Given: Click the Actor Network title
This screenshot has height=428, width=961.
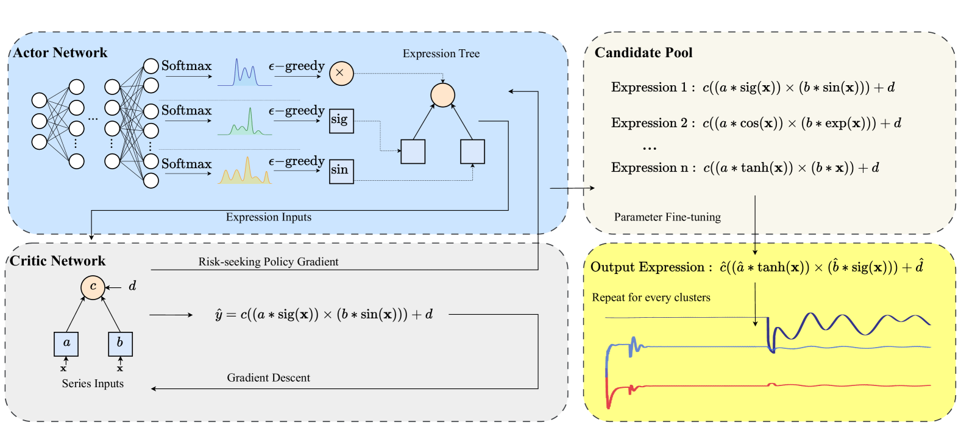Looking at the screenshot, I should pyautogui.click(x=60, y=53).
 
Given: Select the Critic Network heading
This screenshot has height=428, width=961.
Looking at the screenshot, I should pyautogui.click(x=58, y=261).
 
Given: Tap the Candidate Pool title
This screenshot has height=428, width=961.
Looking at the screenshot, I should pyautogui.click(x=644, y=53).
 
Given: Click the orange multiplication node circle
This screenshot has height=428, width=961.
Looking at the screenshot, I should pyautogui.click(x=341, y=73).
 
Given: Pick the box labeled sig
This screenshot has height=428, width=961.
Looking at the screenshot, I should pyautogui.click(x=341, y=121).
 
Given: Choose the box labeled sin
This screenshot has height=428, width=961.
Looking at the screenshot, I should pyautogui.click(x=341, y=170).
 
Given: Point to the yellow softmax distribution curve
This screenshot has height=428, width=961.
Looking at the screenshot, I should pyautogui.click(x=245, y=173).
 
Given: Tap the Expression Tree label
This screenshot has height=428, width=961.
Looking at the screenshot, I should pyautogui.click(x=441, y=54).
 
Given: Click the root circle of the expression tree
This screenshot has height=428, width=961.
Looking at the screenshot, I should pyautogui.click(x=442, y=95).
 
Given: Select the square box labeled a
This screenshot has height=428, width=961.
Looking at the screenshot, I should pyautogui.click(x=66, y=343).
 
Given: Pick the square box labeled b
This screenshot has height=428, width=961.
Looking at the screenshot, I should pyautogui.click(x=120, y=343).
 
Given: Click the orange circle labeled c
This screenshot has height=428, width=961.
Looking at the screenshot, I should pyautogui.click(x=93, y=287).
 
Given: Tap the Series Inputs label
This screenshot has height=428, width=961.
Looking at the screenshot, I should pyautogui.click(x=93, y=384).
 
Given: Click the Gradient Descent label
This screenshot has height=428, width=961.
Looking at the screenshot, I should pyautogui.click(x=268, y=378).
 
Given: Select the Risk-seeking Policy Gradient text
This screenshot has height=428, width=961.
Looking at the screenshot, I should pyautogui.click(x=268, y=262).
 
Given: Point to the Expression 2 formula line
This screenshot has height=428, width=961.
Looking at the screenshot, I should pyautogui.click(x=756, y=124).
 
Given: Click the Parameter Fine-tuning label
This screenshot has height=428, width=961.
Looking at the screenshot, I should pyautogui.click(x=667, y=217).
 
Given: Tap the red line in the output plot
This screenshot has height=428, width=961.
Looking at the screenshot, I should pyautogui.click(x=853, y=385).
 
